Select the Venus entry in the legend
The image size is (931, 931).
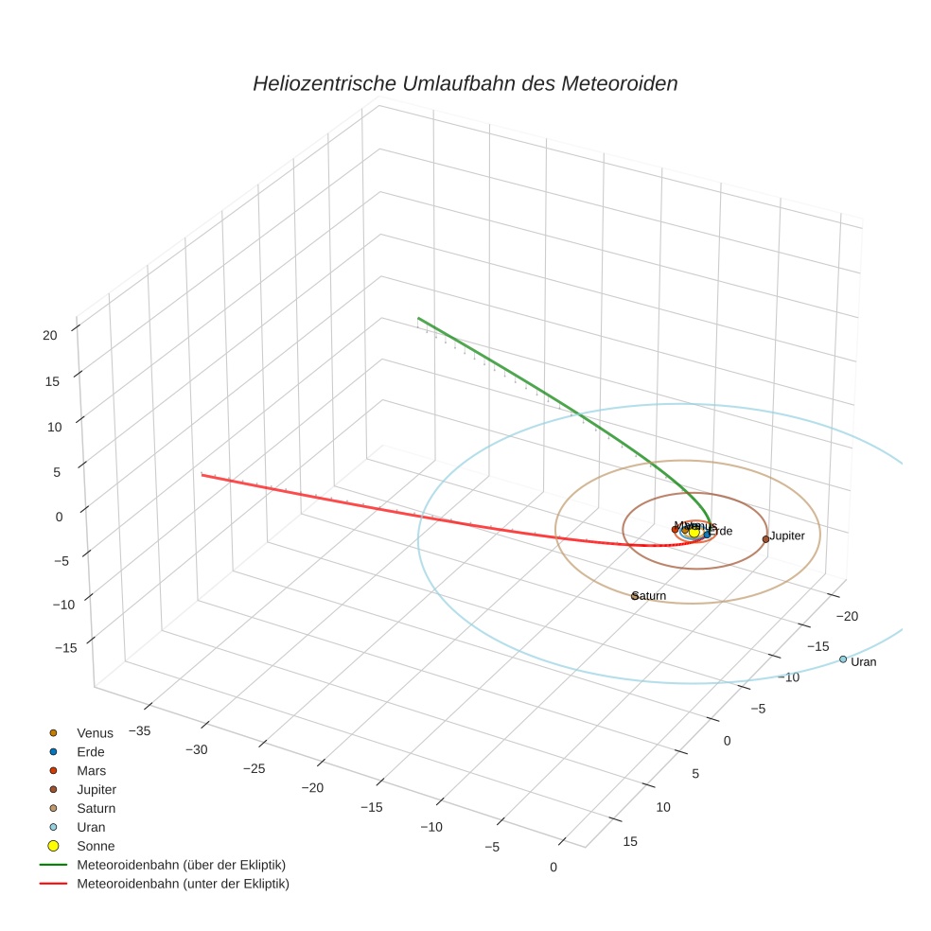click(x=95, y=732)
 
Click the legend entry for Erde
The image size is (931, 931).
click(x=91, y=751)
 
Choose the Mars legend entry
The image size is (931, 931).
click(x=91, y=770)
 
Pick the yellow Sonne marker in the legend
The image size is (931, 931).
click(x=53, y=846)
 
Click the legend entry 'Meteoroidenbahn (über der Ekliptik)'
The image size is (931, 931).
click(x=181, y=865)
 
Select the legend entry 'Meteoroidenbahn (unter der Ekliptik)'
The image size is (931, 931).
click(x=183, y=884)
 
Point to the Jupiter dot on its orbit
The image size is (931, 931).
click(x=765, y=539)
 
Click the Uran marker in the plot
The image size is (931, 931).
click(x=843, y=659)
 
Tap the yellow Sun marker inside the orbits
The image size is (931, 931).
click(x=694, y=533)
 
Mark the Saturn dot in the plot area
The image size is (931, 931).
click(x=635, y=596)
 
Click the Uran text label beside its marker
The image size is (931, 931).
click(x=864, y=662)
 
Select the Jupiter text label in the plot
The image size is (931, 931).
click(x=787, y=536)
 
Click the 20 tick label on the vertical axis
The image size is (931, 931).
click(x=50, y=334)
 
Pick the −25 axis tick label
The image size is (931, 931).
click(x=254, y=768)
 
